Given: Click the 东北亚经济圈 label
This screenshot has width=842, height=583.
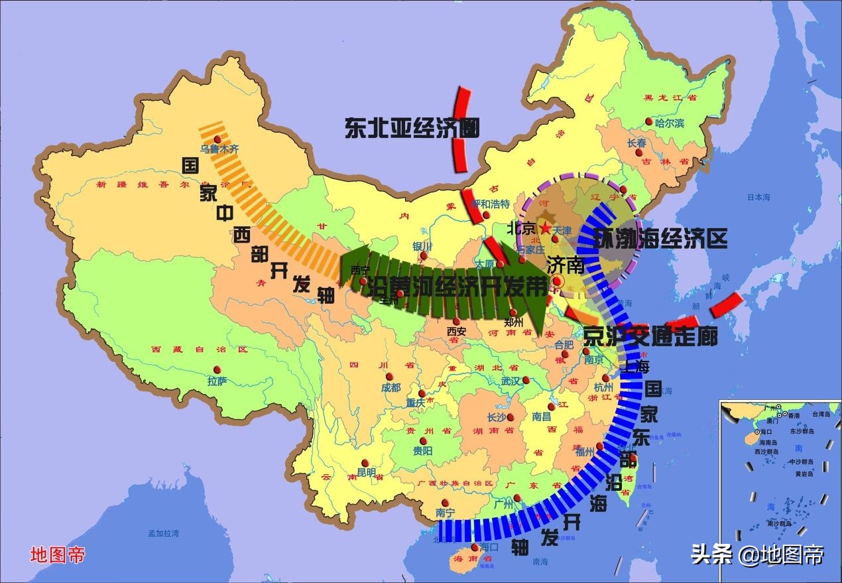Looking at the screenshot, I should point(411,127).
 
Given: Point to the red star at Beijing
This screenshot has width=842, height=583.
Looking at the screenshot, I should point(545,228).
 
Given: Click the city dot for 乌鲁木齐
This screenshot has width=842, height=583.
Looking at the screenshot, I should point(217,138).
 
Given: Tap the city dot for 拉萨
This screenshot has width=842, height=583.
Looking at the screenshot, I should point(215,370).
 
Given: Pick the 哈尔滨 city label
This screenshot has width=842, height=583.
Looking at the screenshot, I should point(670,124).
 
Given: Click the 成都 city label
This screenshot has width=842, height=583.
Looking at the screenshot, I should point(391,387).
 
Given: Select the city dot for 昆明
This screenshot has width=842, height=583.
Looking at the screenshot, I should point(363,463).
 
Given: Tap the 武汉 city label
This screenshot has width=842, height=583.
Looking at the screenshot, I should point(512,381).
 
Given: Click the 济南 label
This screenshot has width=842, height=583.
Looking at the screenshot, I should point(566,265).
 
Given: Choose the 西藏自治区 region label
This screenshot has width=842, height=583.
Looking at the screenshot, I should point(199,349).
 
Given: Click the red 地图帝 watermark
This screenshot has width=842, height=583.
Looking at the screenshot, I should point(57,554).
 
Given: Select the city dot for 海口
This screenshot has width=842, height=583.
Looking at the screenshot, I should point(475,548).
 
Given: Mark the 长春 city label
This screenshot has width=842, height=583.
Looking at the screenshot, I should point(636,143).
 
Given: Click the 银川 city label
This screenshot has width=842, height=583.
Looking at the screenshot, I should point(422,247).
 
